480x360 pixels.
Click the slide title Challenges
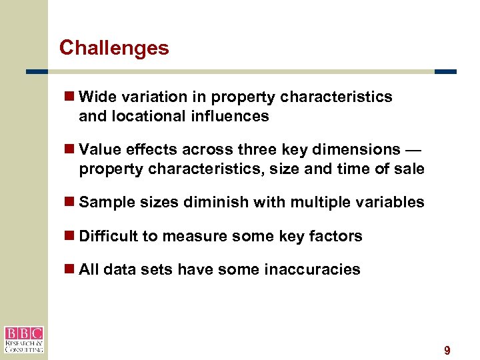coord(114,48)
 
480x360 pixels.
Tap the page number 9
coord(447,351)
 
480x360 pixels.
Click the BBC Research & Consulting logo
coord(24,339)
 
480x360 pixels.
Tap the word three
coord(253,149)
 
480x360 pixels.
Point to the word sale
coord(409,169)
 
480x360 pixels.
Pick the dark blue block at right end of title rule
coord(445,71)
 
